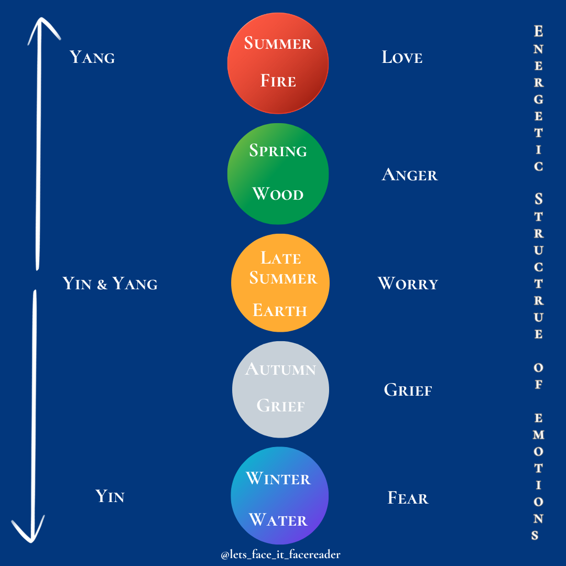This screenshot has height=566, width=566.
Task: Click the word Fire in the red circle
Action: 278,81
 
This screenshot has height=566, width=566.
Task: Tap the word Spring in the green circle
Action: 278,151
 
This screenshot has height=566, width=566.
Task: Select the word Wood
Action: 278,194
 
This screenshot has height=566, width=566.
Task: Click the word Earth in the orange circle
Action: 280,310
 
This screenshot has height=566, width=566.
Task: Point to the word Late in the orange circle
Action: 281,258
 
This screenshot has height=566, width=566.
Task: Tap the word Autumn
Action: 281,369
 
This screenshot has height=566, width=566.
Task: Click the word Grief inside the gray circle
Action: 281,406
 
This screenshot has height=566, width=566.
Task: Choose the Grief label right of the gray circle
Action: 408,390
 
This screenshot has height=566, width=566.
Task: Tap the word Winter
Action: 278,478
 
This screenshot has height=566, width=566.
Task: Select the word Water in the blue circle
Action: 278,520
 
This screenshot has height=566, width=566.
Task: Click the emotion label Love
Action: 402,57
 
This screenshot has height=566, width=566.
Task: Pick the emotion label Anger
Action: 409,175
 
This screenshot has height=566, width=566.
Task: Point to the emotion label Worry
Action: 408,284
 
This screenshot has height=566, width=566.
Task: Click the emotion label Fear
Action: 408,498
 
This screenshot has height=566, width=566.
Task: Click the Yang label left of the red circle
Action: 92,57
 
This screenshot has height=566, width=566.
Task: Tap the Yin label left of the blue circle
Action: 110,496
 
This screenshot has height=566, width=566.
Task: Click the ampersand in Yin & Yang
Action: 102,285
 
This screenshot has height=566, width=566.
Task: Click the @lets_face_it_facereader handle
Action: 281,554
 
